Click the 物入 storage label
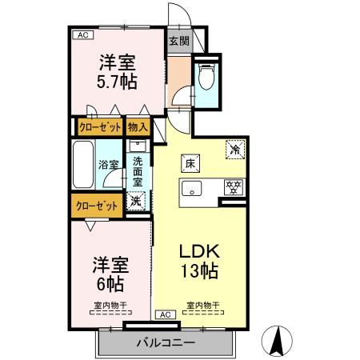pos(138,126)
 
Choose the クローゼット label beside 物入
pos(98,126)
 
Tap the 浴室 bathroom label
pos(109,166)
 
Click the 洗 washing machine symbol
pos(136,202)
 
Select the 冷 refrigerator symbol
pos(236,149)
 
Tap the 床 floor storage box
pos(191,161)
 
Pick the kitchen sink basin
pos(193,190)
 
